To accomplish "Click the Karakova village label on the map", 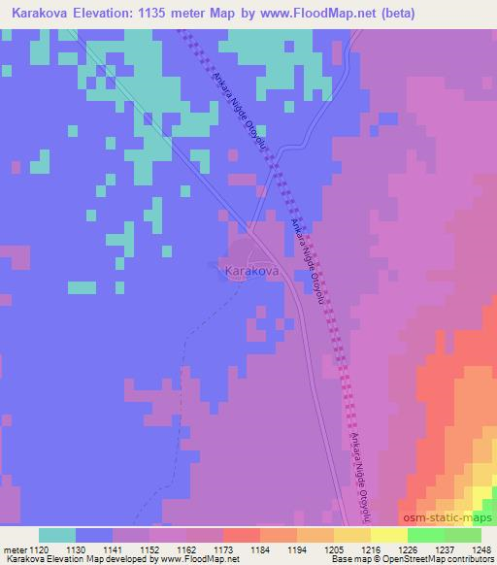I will [252, 274].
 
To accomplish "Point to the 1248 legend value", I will [479, 548].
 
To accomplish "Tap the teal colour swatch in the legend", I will [56, 535].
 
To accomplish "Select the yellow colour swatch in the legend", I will [388, 535].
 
